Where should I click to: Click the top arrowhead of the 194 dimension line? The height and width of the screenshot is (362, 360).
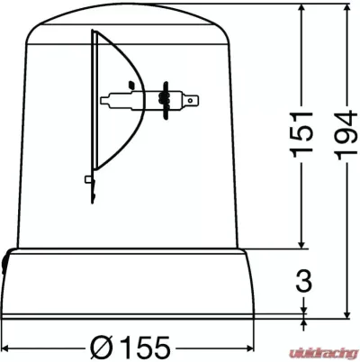[347, 8]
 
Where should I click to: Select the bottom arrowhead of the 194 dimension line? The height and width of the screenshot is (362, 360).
[347, 314]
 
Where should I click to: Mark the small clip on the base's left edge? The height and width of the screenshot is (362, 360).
[4, 264]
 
